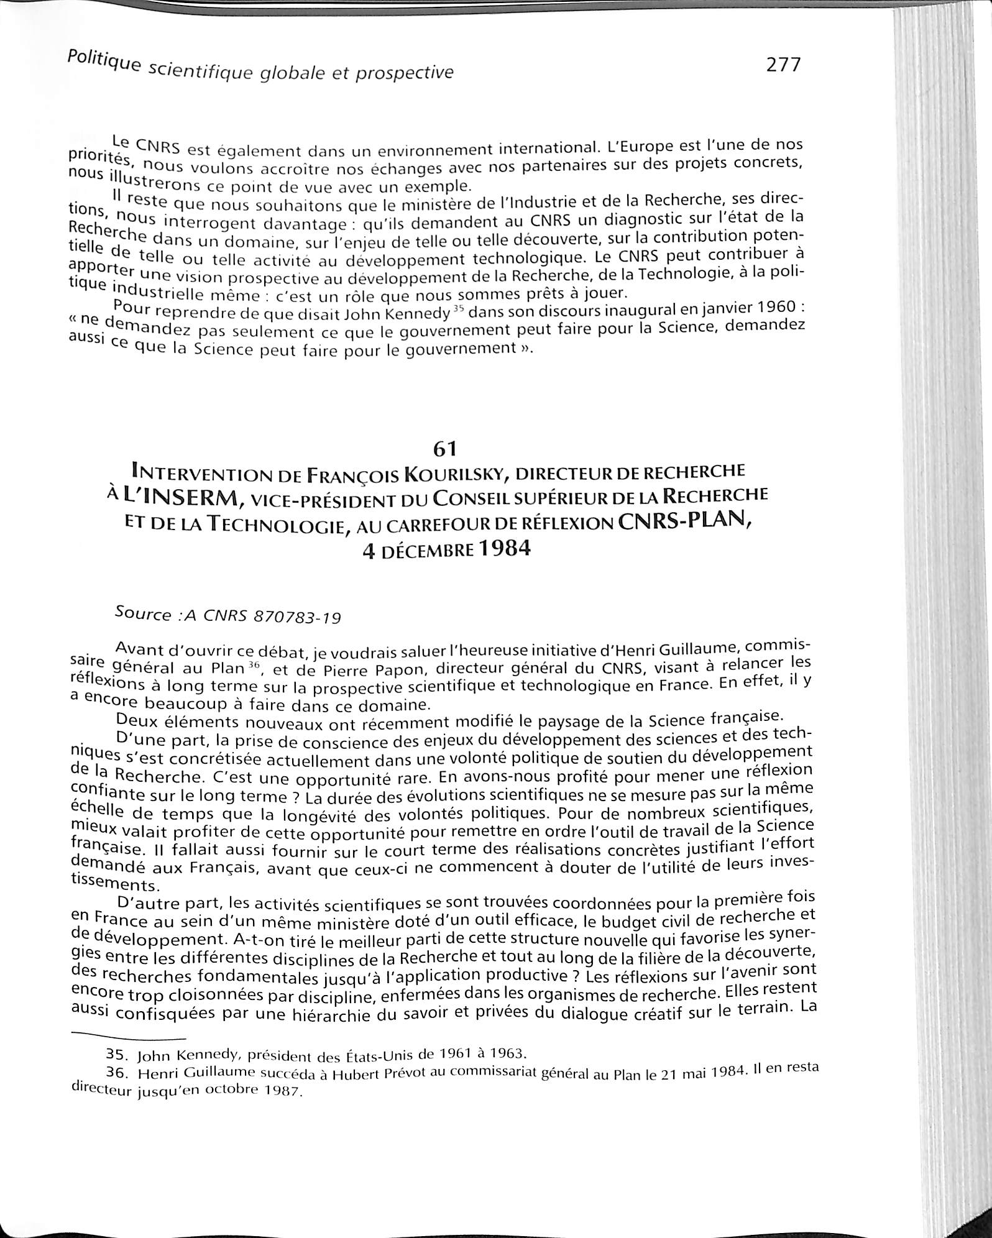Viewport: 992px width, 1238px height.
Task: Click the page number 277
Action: [x=783, y=65]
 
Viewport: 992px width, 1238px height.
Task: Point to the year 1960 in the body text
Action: [x=771, y=306]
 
